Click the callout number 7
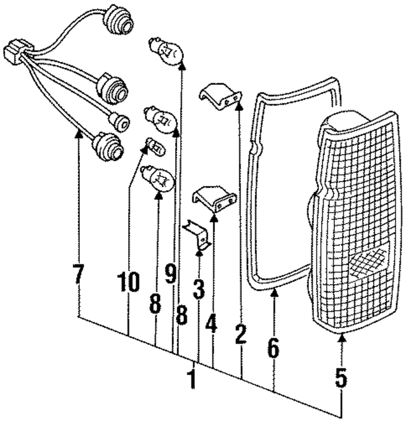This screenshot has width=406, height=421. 79,274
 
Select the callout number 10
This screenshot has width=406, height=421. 128,282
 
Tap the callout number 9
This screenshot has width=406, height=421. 171,273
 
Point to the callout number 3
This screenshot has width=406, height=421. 199,289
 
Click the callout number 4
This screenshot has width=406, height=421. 211,323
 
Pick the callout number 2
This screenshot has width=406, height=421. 240,334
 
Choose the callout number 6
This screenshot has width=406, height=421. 273,348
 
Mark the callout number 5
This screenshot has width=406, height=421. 341,378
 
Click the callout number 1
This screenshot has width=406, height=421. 192,379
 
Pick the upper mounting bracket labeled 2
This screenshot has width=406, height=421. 220,96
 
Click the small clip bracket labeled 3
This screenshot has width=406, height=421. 198,235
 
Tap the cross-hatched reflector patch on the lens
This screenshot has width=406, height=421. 369,263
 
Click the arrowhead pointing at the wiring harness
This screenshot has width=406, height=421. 79,133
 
